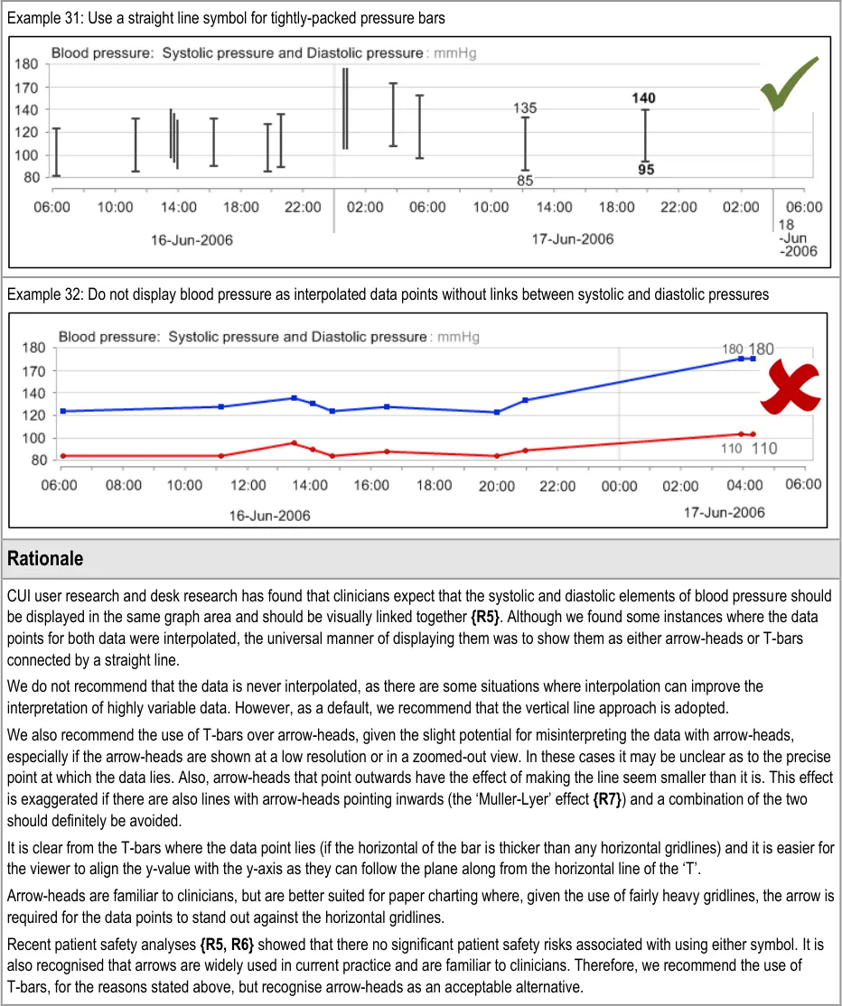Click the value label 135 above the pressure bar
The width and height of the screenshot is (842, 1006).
pyautogui.click(x=525, y=108)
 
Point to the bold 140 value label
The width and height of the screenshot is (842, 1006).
pyautogui.click(x=644, y=98)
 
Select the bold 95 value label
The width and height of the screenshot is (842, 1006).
pyautogui.click(x=644, y=169)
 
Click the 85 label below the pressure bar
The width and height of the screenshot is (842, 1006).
pyautogui.click(x=525, y=181)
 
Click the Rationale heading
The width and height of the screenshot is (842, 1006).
pyautogui.click(x=45, y=559)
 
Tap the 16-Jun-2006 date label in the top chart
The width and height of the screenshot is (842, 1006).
pyautogui.click(x=191, y=240)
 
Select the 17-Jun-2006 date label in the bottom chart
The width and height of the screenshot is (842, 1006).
pyautogui.click(x=724, y=512)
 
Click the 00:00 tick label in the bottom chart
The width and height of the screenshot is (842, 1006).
pyautogui.click(x=619, y=485)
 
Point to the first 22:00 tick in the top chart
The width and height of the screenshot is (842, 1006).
pyautogui.click(x=303, y=207)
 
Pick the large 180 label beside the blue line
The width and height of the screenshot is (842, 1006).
pyautogui.click(x=762, y=349)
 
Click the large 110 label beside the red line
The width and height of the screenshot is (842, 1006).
pyautogui.click(x=764, y=448)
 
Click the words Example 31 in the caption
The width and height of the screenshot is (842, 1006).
pyautogui.click(x=37, y=18)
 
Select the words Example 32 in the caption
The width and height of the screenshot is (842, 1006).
pyautogui.click(x=37, y=294)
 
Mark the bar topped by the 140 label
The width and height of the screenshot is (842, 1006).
pyautogui.click(x=645, y=135)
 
